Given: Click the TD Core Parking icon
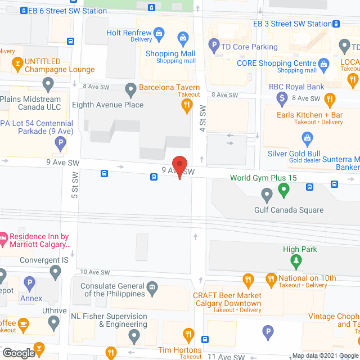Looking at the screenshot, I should click(213, 44).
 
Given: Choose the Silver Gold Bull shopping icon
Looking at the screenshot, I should click(307, 137).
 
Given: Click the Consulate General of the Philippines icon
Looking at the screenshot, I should click(152, 290).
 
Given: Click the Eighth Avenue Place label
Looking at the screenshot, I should click(107, 105).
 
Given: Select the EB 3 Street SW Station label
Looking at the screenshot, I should click(292, 24).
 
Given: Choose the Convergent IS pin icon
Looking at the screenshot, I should click(55, 272).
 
